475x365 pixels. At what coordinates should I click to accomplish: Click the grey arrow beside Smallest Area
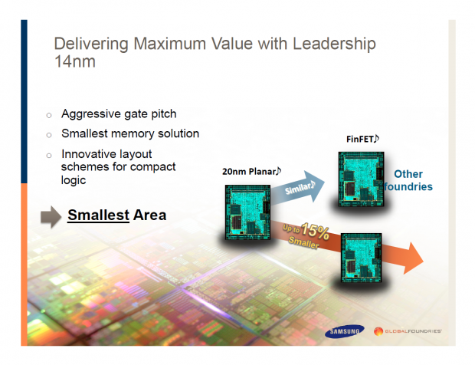pos(50,217)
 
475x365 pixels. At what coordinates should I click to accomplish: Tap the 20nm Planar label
pos(251,170)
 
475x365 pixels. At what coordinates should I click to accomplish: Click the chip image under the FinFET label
pos(359,179)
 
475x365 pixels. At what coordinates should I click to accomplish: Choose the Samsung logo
pos(343,332)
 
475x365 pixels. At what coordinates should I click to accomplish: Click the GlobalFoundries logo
pos(408,332)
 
